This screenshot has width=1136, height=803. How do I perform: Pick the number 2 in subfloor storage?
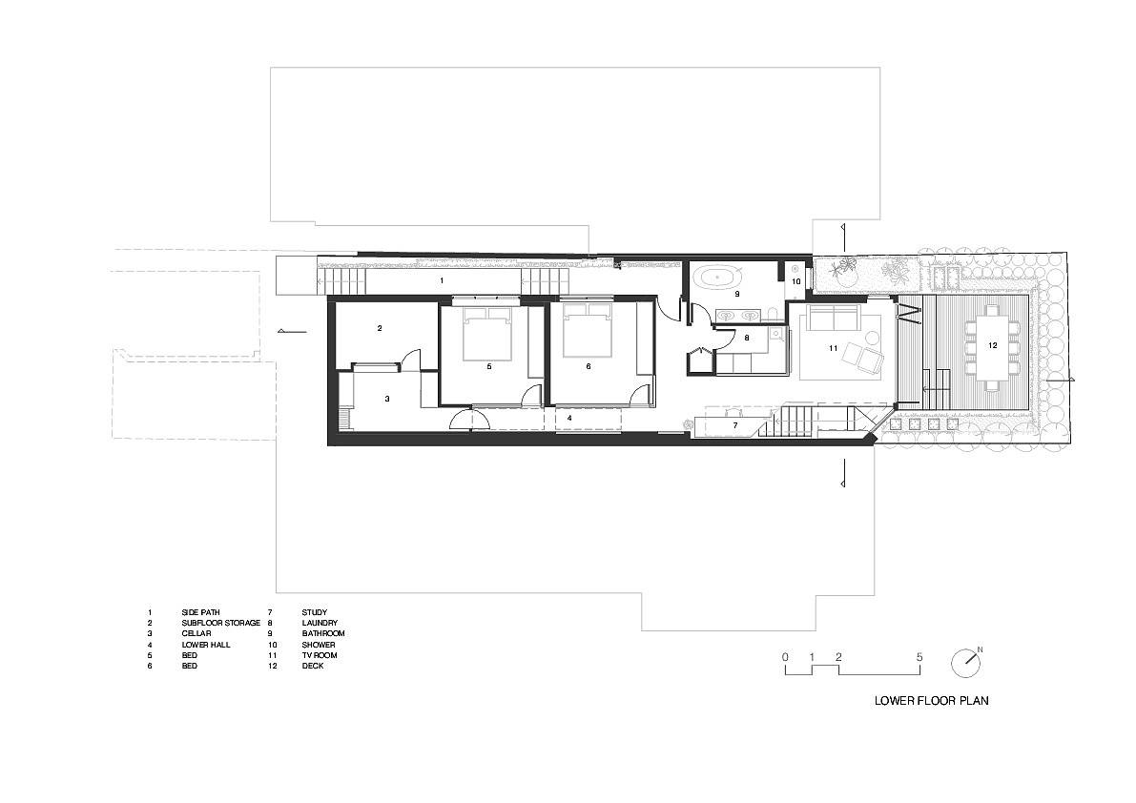point(380,328)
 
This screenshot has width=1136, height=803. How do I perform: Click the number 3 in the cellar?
point(387,399)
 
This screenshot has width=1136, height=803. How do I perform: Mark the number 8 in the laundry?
point(747,338)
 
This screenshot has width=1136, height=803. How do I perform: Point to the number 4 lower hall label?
point(569,418)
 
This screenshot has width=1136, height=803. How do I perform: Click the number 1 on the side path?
point(441,281)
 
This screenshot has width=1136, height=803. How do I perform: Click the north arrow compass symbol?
point(964,662)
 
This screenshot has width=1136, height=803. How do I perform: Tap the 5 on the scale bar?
point(919,657)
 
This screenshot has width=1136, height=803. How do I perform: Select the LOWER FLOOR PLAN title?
point(931,700)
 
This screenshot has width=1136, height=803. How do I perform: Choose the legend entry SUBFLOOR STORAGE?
point(220,623)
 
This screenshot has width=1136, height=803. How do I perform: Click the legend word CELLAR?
point(196,633)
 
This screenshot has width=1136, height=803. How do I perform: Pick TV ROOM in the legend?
point(320,655)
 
